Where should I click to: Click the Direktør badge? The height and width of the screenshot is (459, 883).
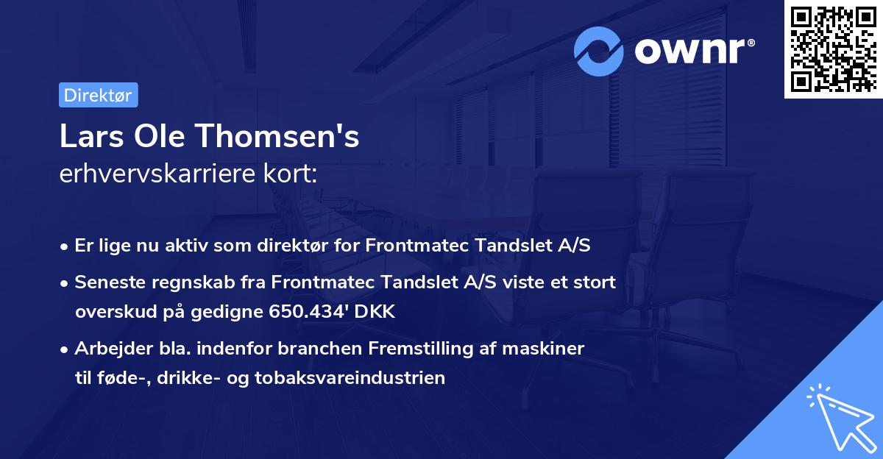98,95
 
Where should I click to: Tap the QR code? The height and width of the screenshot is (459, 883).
832,49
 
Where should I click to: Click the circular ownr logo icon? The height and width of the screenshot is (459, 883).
600,51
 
